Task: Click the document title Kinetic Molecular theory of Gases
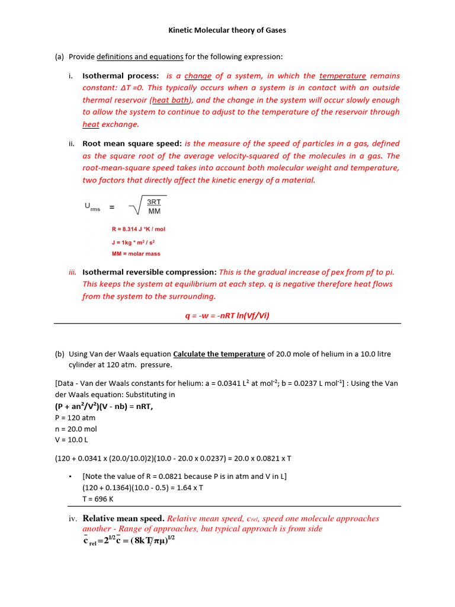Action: pyautogui.click(x=227, y=30)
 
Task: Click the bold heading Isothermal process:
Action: pyautogui.click(x=121, y=76)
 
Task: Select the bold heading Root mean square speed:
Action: pyautogui.click(x=133, y=143)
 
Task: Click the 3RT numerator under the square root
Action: pyautogui.click(x=154, y=202)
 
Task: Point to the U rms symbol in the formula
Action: pyautogui.click(x=92, y=207)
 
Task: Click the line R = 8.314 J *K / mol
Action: pyautogui.click(x=138, y=229)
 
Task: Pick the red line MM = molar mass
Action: pyautogui.click(x=136, y=254)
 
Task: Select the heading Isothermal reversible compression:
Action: pyautogui.click(x=149, y=272)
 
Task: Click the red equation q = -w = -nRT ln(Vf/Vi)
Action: pyautogui.click(x=227, y=316)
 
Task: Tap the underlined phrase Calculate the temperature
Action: pyautogui.click(x=219, y=354)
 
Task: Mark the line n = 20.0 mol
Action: pyautogui.click(x=75, y=429)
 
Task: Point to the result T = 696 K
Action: pyautogui.click(x=98, y=499)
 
